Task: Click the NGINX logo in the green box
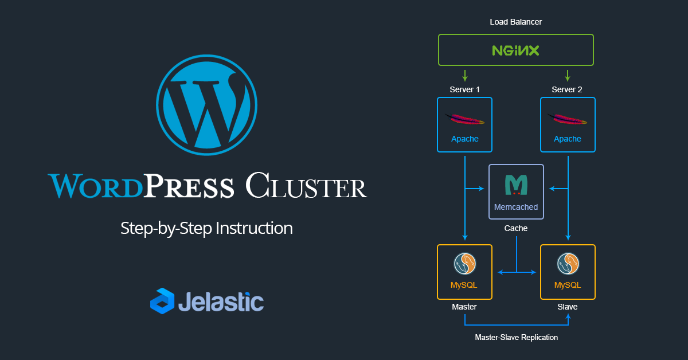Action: pos(515,50)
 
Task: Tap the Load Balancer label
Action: pos(515,22)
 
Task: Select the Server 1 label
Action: pos(464,89)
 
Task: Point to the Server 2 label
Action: pos(567,89)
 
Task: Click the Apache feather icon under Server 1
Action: pos(464,119)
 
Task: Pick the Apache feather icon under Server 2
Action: pos(567,119)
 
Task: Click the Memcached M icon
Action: pos(516,185)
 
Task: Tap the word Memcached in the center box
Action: pos(516,207)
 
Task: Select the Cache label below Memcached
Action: pos(516,228)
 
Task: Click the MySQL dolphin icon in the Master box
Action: pos(464,264)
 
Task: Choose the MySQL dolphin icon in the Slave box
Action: pos(567,264)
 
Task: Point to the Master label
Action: pos(464,307)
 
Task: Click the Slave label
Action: pos(567,307)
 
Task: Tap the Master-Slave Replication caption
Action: pos(516,337)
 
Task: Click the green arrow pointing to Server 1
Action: pos(465,75)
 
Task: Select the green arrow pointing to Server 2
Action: pos(567,75)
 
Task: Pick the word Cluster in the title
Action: pos(306,187)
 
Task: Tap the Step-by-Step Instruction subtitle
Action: pos(206,228)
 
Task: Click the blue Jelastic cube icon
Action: pos(162,301)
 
